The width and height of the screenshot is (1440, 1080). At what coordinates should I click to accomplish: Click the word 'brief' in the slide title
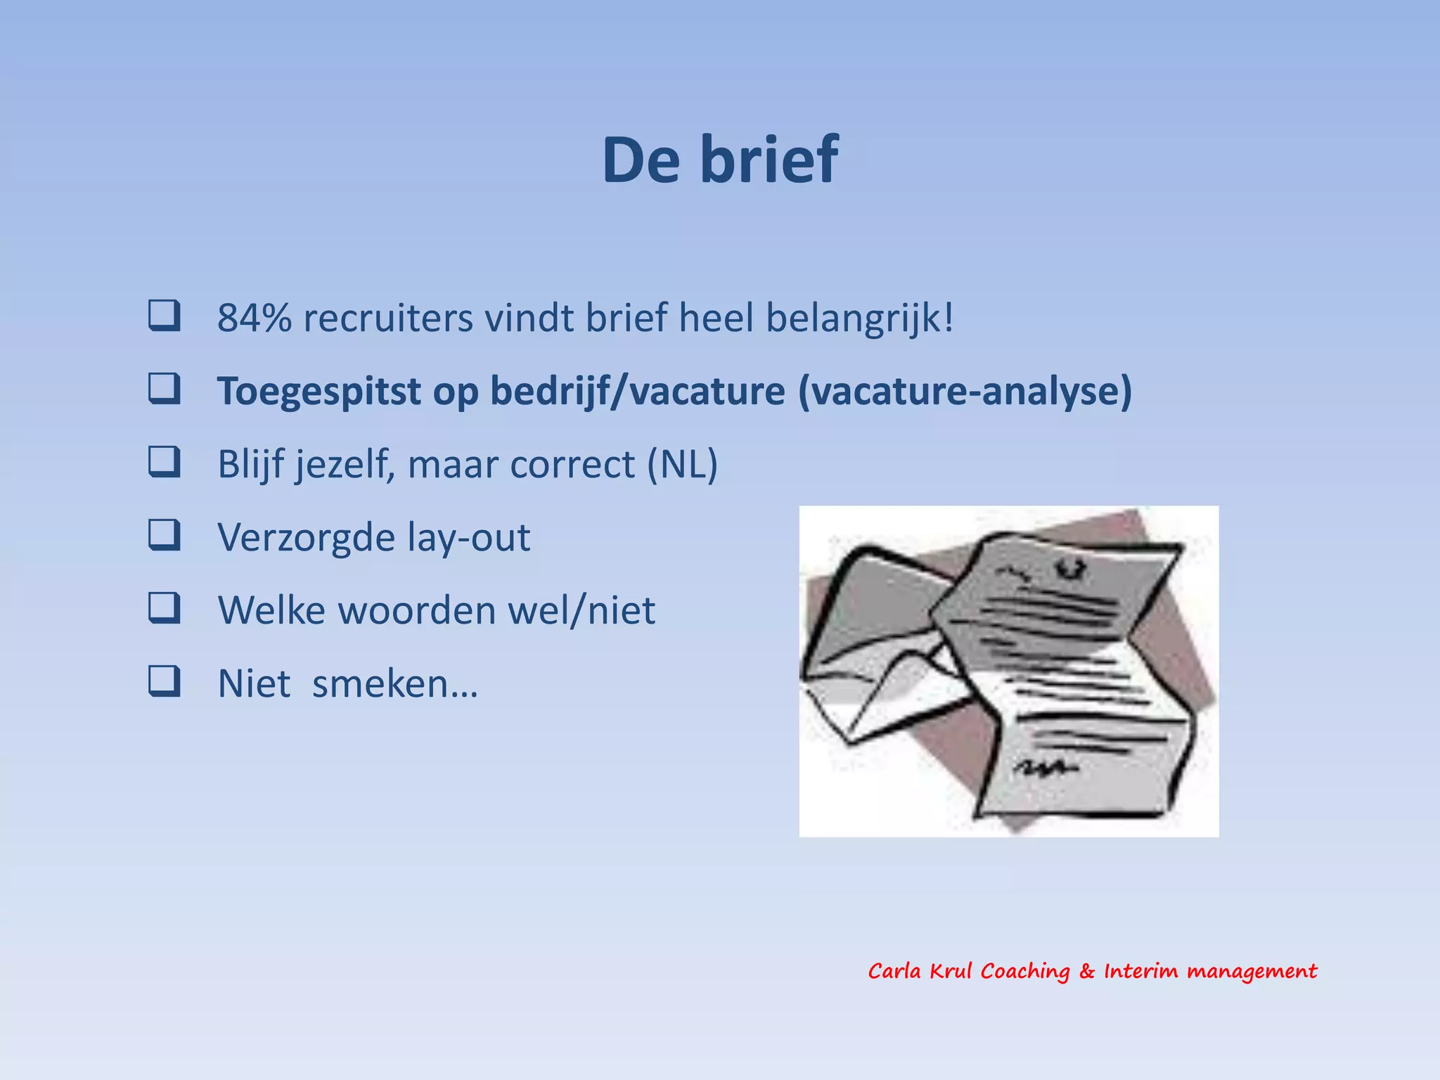point(769,160)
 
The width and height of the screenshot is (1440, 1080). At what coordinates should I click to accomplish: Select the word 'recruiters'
point(388,318)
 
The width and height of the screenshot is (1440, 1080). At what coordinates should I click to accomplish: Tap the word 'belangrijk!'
point(859,318)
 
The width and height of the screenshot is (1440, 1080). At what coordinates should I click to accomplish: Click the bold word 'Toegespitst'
point(319,391)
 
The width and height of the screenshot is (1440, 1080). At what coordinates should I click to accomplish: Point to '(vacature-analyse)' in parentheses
point(965,391)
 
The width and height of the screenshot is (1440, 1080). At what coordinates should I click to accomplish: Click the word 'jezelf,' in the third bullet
point(345,464)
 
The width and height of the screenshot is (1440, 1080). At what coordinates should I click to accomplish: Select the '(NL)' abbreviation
point(682,464)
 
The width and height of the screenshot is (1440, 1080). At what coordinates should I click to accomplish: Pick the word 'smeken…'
point(394,683)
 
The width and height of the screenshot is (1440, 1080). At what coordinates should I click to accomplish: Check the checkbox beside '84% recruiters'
point(164,316)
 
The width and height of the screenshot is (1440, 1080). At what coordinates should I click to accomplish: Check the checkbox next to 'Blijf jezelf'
point(164,462)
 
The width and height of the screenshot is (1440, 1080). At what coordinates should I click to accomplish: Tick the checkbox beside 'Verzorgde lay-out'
point(164,535)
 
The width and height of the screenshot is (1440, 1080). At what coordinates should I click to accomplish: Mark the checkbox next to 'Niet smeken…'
point(164,681)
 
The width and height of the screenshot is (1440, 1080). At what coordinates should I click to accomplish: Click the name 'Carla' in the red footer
point(894,972)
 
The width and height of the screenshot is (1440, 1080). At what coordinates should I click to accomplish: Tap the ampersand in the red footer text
point(1087,972)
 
